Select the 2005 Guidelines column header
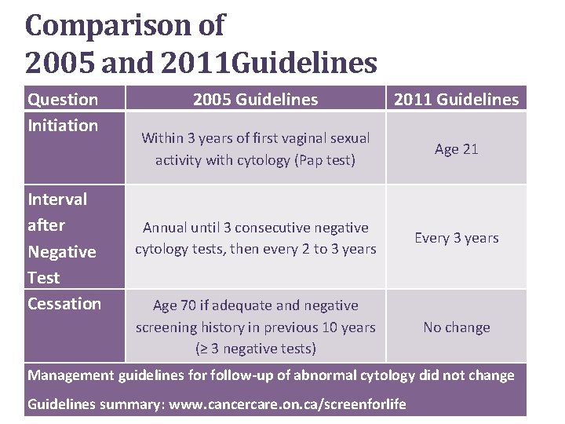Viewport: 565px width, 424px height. tap(256, 99)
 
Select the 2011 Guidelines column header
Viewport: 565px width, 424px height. tap(456, 99)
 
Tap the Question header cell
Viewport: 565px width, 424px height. tap(63, 99)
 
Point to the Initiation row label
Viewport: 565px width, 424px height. tap(63, 125)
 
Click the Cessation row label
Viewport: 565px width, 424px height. tap(64, 303)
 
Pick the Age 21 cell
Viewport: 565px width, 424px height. tap(457, 149)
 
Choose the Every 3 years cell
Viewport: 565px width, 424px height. tap(457, 238)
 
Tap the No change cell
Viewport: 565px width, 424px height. tap(457, 327)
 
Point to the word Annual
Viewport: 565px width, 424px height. tap(164, 228)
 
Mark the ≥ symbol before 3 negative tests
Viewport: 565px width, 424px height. tap(201, 349)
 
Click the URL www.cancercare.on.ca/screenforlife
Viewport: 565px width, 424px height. tap(286, 404)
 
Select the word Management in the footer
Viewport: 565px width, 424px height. tap(71, 375)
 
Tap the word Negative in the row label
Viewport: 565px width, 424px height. tap(62, 251)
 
